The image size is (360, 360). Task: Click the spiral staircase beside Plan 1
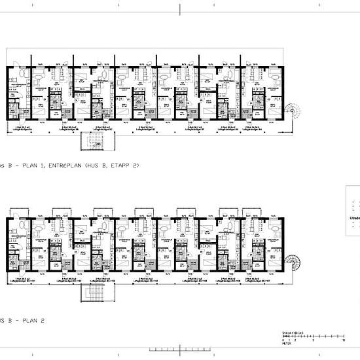pos(292,113)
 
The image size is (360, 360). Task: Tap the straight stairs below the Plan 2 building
pos(93,292)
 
